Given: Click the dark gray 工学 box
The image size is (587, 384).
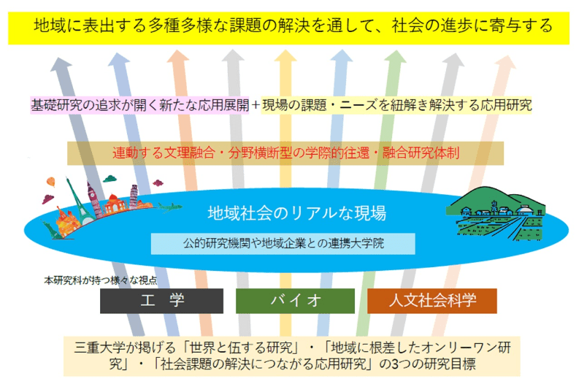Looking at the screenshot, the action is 162,301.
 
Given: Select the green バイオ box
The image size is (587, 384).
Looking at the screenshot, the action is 296,301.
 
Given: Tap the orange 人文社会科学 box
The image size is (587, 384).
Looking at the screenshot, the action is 432,301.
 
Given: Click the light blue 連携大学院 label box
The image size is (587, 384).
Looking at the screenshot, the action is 283,244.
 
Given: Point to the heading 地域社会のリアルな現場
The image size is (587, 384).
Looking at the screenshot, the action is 297,213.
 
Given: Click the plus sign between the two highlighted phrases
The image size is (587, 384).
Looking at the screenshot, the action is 256,105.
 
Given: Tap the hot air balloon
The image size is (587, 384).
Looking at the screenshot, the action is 51,183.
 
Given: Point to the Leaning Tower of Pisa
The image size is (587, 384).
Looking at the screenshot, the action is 134,196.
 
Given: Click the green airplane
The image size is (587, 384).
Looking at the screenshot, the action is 169,206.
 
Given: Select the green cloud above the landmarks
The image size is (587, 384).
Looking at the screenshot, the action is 110,179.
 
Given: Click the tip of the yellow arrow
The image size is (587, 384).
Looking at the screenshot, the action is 285,50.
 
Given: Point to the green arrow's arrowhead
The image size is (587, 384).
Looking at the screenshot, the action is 395,56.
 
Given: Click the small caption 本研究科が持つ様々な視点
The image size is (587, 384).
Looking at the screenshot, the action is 100,280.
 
